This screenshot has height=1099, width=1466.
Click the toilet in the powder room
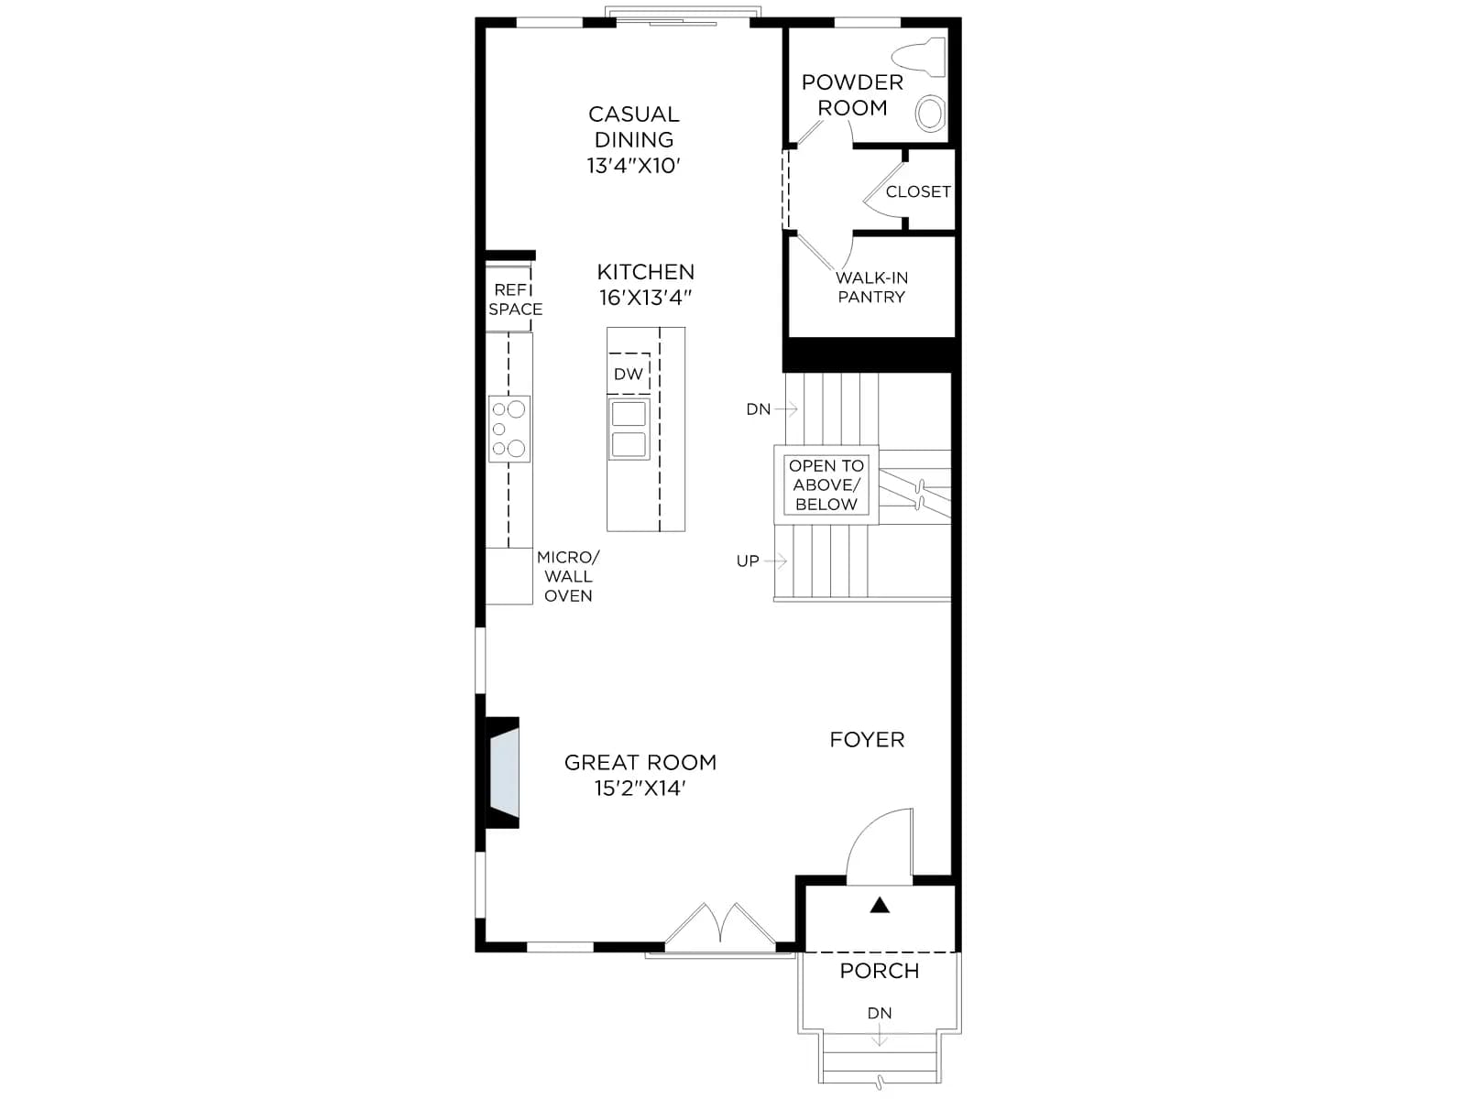click(920, 56)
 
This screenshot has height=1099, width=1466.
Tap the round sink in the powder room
click(930, 113)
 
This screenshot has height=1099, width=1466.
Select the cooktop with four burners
click(509, 429)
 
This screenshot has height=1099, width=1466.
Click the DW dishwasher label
click(629, 375)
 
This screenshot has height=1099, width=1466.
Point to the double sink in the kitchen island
click(629, 429)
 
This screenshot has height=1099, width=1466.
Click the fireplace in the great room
click(503, 773)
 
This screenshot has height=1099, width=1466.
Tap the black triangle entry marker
click(880, 906)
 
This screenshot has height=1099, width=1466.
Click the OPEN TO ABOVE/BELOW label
click(826, 485)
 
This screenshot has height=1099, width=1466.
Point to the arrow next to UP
click(775, 561)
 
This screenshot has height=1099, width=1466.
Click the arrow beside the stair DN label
click(786, 408)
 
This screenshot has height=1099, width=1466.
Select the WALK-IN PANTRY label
click(871, 288)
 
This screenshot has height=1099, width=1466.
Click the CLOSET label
click(918, 192)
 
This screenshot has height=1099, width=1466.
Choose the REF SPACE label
click(515, 299)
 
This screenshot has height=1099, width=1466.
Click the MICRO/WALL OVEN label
click(568, 577)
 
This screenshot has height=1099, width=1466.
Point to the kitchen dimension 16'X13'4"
click(645, 298)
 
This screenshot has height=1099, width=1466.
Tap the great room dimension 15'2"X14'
click(640, 789)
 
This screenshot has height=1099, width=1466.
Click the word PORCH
click(880, 971)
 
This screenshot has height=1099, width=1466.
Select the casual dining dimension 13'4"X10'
click(633, 166)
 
